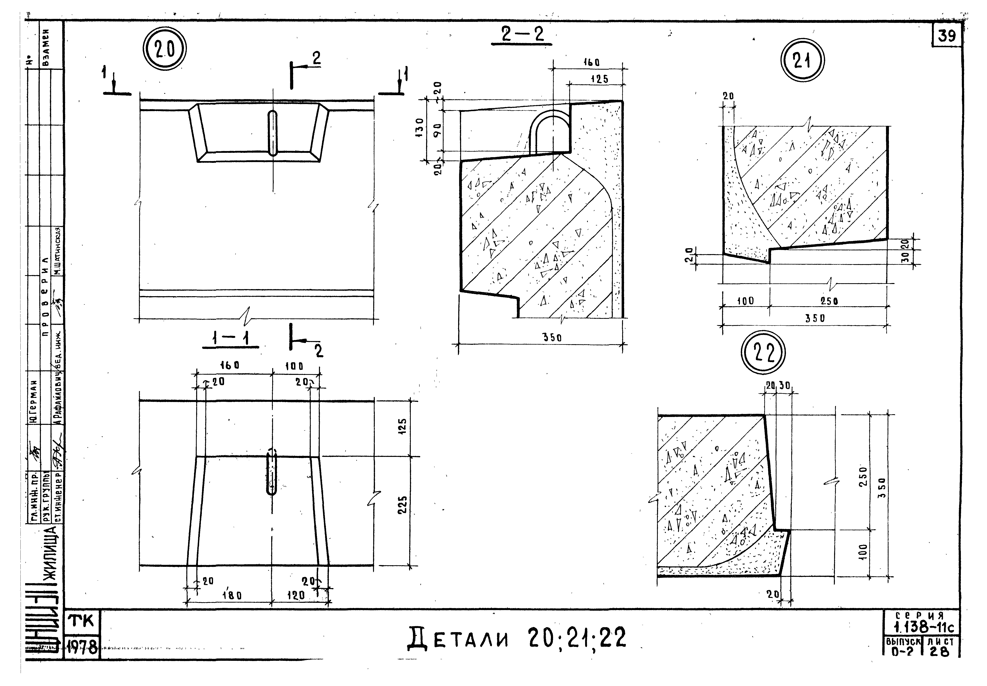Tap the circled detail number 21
coord(801,61)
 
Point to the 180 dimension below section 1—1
coord(232,596)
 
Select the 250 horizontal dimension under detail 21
coord(829,301)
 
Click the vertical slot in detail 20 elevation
coord(273,133)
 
